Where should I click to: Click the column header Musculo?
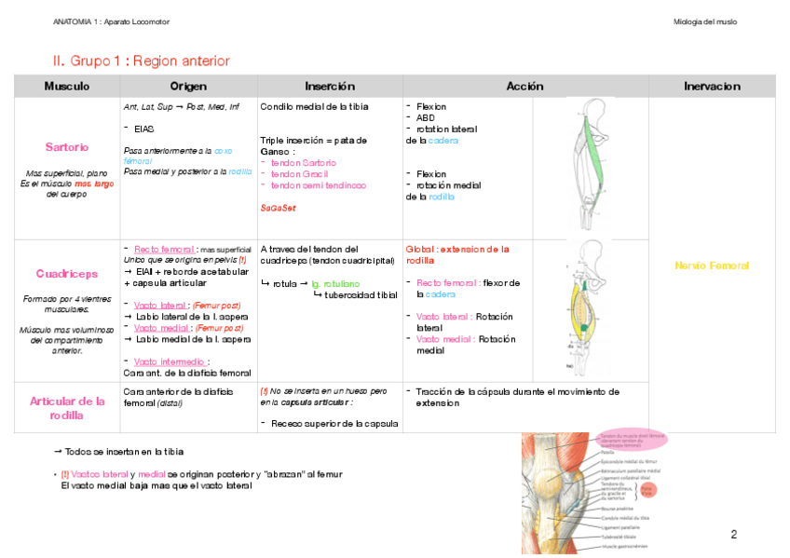(x=67, y=87)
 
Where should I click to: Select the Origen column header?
(x=188, y=87)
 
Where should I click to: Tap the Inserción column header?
(x=329, y=87)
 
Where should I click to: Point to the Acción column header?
(x=524, y=87)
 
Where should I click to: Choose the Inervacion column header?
(x=712, y=87)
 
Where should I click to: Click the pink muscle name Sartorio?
(x=67, y=147)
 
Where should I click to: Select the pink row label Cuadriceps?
(x=67, y=274)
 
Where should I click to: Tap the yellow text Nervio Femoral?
(x=712, y=266)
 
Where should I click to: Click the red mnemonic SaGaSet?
(x=277, y=208)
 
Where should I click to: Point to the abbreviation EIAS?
(x=144, y=129)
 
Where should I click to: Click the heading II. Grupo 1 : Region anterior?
(x=141, y=61)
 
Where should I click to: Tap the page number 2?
(x=734, y=535)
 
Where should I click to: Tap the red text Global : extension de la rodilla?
(x=457, y=254)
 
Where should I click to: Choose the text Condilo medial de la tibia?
(x=315, y=107)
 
